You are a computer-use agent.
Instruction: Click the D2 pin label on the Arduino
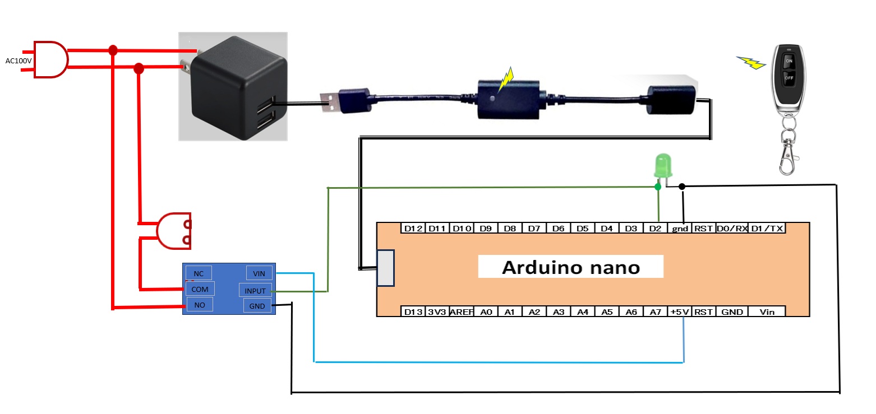(x=655, y=229)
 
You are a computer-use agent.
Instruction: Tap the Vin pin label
(x=767, y=312)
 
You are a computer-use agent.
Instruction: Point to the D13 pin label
(x=412, y=312)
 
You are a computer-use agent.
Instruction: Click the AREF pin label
(x=462, y=312)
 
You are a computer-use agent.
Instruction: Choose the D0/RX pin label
(x=731, y=229)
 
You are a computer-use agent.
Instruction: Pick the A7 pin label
(x=655, y=312)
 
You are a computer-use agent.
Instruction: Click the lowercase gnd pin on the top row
(x=680, y=229)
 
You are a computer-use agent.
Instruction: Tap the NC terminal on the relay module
(x=199, y=273)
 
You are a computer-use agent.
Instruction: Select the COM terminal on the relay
(x=200, y=289)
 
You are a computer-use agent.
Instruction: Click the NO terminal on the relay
(x=199, y=305)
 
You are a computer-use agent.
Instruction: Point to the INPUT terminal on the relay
(x=255, y=290)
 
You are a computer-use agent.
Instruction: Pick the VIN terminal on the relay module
(x=259, y=273)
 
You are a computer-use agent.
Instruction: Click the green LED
(x=662, y=166)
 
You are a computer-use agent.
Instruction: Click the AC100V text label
(x=19, y=61)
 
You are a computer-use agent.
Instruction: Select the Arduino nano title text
(x=570, y=267)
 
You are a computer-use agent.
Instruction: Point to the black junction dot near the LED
(x=682, y=187)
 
